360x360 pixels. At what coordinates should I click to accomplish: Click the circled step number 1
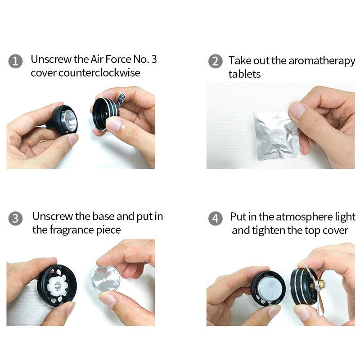(15, 61)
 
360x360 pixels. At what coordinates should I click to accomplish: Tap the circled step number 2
(216, 61)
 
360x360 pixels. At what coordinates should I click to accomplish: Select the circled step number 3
(15, 218)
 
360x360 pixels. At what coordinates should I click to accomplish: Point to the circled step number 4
(216, 218)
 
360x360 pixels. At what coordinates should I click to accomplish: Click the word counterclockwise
(99, 73)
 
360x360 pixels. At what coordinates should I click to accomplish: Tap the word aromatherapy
(322, 61)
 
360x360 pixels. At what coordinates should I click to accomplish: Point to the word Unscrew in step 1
(51, 59)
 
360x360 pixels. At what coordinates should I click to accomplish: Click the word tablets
(244, 74)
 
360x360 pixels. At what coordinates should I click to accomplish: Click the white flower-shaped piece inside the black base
(58, 286)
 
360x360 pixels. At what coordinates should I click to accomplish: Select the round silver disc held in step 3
(106, 279)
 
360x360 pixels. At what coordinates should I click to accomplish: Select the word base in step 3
(103, 216)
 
